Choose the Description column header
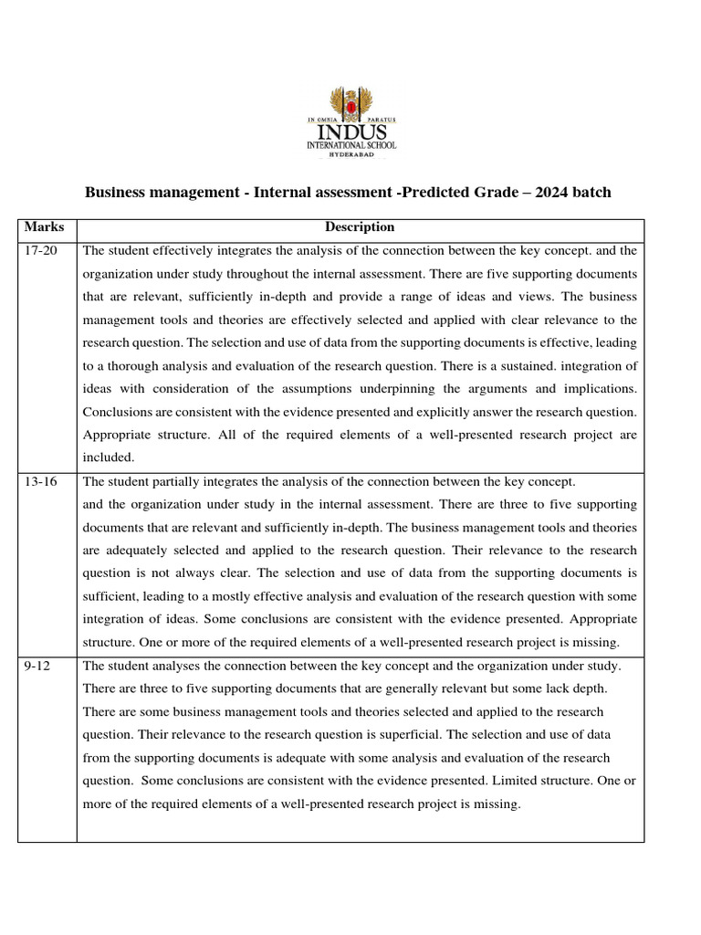[360, 227]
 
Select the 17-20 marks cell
[40, 250]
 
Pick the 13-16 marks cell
[40, 481]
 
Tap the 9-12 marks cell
[37, 667]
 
